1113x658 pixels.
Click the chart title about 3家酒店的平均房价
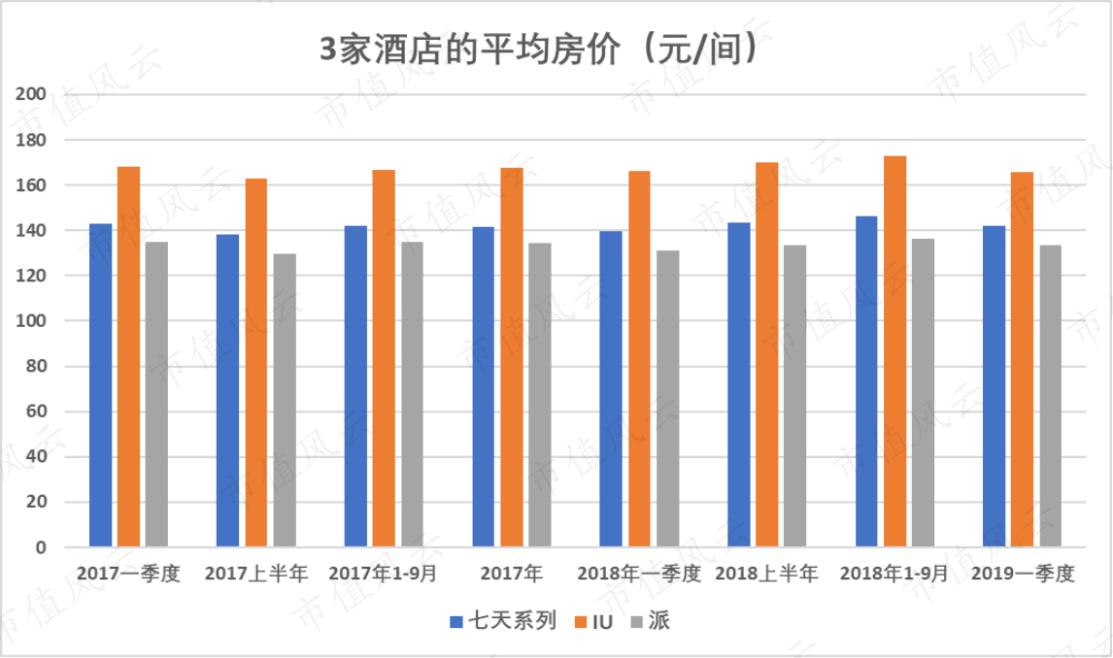(x=539, y=49)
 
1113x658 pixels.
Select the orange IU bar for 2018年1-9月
(x=894, y=351)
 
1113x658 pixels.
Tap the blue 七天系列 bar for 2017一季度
(x=100, y=385)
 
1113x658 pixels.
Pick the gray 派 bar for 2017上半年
(x=285, y=400)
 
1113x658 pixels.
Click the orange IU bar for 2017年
(x=512, y=357)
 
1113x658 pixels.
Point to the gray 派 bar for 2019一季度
(x=1051, y=396)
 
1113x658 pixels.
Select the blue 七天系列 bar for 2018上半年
(x=739, y=384)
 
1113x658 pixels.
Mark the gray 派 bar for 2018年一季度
(x=667, y=399)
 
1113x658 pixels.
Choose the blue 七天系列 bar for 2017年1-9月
(x=355, y=386)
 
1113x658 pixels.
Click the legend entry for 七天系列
(x=503, y=621)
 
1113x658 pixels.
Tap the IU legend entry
(x=593, y=622)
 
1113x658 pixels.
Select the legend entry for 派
(x=650, y=621)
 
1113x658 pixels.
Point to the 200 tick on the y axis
(x=30, y=93)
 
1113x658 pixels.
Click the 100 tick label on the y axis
(x=30, y=320)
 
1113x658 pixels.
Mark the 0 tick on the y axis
(x=41, y=547)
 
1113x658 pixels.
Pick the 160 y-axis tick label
(x=30, y=185)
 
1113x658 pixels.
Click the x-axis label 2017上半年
(x=256, y=573)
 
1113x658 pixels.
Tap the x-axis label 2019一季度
(x=1023, y=573)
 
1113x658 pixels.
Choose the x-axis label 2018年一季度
(x=639, y=573)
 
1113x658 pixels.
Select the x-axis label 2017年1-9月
(x=384, y=573)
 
